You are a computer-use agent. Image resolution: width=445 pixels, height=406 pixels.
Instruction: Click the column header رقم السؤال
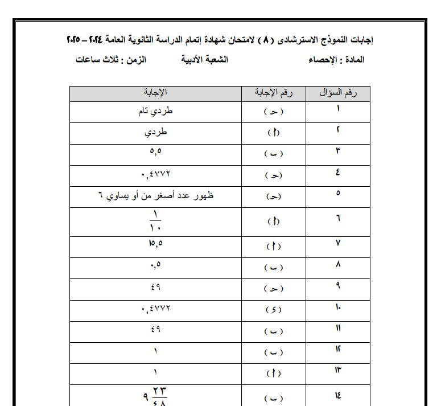click(x=338, y=94)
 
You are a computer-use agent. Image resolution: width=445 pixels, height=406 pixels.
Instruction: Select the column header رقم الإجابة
click(x=274, y=94)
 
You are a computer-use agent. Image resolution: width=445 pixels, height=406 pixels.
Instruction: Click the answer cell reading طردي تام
click(x=155, y=112)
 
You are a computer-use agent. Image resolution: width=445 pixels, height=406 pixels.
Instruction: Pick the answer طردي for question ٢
click(x=155, y=133)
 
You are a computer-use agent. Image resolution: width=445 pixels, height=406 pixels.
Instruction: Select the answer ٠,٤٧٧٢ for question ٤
click(x=155, y=175)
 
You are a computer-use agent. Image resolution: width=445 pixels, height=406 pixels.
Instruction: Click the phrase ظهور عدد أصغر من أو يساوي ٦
click(x=155, y=196)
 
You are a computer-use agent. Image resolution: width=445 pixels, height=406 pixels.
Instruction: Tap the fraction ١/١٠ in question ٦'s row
click(x=155, y=222)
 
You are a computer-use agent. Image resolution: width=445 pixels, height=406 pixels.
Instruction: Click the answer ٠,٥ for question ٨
click(x=155, y=267)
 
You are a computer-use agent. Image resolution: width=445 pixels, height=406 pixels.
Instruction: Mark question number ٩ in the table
click(x=338, y=288)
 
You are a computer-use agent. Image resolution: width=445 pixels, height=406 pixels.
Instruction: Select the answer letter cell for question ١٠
click(x=274, y=310)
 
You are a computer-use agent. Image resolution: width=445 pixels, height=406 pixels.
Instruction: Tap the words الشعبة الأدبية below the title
click(x=204, y=60)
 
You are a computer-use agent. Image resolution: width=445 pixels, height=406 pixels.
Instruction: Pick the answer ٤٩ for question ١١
click(x=155, y=331)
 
